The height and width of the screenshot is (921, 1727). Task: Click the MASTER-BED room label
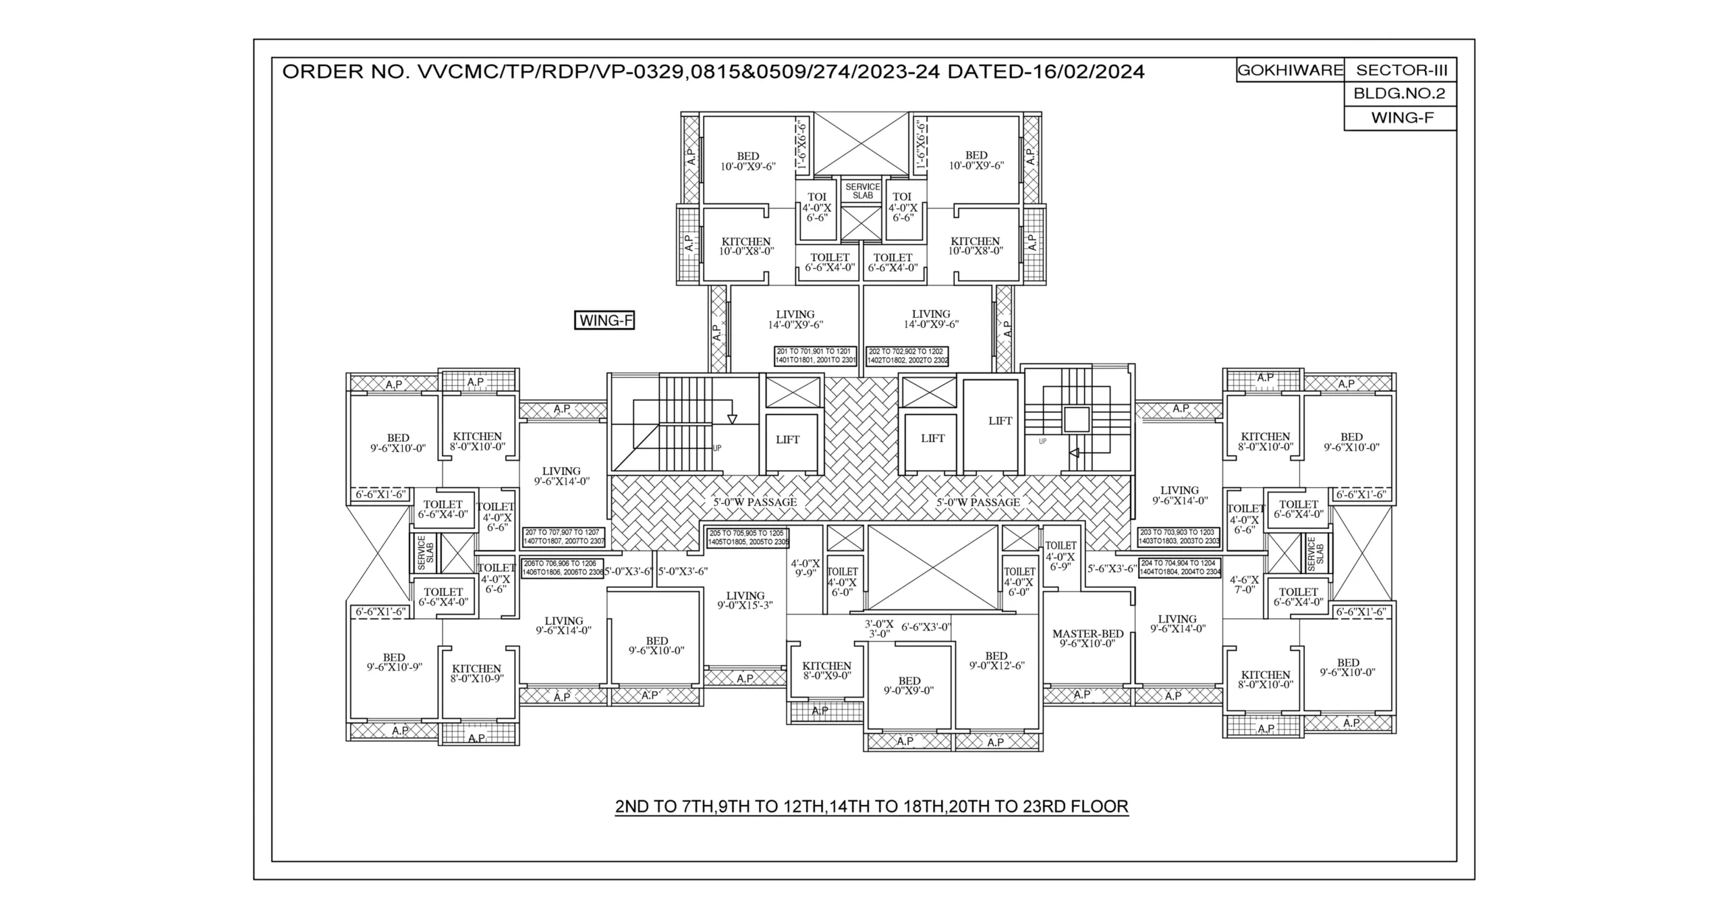(1087, 638)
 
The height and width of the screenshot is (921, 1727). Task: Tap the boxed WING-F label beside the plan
(604, 320)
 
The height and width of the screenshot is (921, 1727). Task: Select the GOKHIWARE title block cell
(1289, 70)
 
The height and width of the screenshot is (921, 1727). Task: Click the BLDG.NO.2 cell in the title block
(1399, 94)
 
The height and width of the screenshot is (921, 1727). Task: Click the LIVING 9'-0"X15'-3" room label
(745, 601)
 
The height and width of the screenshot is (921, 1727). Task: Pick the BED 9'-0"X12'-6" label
(996, 661)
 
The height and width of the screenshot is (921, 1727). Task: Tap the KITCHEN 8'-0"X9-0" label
(826, 670)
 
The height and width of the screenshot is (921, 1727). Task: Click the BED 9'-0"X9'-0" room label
(909, 686)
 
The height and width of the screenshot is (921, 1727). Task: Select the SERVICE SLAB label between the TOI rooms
(862, 191)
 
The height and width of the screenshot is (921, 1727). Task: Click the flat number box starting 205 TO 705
(747, 537)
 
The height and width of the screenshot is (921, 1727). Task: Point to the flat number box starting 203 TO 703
(1179, 536)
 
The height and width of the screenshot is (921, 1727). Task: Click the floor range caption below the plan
(872, 806)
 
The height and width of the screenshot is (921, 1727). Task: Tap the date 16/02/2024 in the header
(1084, 72)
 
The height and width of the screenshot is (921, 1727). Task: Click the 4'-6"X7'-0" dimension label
(1244, 584)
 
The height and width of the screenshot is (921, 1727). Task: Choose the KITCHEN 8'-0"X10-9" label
(477, 673)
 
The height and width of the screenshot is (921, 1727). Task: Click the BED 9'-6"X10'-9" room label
(394, 662)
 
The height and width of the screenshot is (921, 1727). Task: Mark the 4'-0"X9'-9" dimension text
(805, 568)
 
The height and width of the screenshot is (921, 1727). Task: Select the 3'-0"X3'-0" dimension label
(878, 629)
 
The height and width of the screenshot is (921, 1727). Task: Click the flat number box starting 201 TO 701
(816, 356)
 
